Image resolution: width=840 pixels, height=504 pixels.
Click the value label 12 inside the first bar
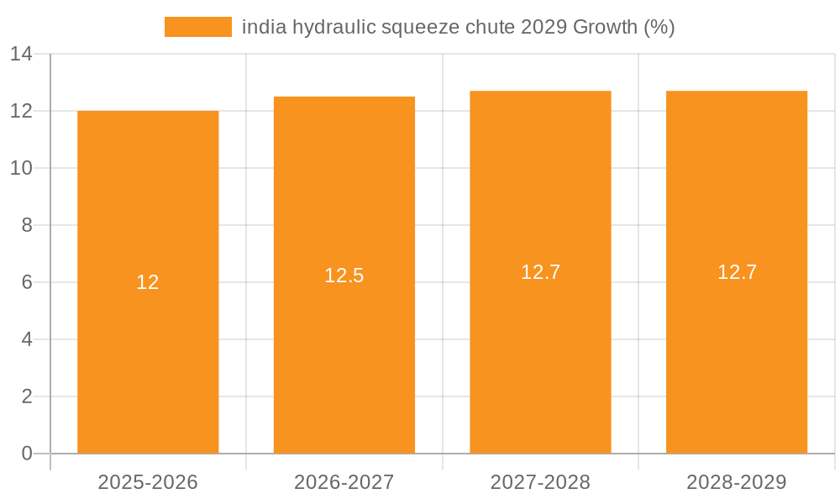tap(148, 282)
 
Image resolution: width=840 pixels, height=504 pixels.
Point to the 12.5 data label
tap(344, 276)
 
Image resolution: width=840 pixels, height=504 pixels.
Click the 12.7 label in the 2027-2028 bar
tap(540, 272)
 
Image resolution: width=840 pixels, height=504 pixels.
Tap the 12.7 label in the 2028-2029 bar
tap(737, 272)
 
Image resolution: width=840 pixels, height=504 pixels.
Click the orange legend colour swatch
tap(197, 27)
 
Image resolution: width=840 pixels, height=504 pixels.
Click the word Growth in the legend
tap(605, 27)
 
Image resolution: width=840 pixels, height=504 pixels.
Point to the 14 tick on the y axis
tap(21, 55)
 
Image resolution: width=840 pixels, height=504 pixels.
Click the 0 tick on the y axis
tap(27, 454)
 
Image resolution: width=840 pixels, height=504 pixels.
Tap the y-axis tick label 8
tap(27, 225)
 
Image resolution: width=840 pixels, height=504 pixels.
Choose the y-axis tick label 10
tap(21, 168)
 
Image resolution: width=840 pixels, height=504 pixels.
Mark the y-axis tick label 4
tap(27, 339)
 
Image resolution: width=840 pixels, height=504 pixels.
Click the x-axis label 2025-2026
tap(148, 482)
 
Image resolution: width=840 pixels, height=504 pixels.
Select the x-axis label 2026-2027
tap(344, 482)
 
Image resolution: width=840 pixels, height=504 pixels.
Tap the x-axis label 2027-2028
tap(540, 482)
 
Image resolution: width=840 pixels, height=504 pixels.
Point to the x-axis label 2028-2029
tap(737, 482)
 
